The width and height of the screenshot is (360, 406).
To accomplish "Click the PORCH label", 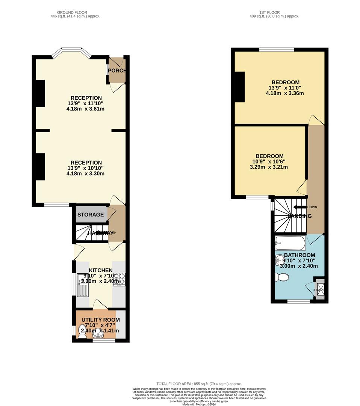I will tap(116, 71).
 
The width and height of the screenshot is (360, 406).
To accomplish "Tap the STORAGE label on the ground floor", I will tap(91, 215).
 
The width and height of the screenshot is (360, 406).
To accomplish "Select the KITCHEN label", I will tap(101, 270).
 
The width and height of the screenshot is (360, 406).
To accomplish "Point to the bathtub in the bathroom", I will tap(290, 243).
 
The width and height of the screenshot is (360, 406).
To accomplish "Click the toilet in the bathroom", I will tap(282, 277).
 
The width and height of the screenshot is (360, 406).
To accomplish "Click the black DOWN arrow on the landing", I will tap(299, 207).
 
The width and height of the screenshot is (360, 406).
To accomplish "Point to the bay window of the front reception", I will tap(71, 53).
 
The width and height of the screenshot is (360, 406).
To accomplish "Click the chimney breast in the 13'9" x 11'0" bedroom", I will tap(240, 87).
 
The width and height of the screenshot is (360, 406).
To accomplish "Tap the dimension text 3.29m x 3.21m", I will tap(269, 167).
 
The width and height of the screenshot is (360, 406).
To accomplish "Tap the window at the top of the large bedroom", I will tap(277, 50).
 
